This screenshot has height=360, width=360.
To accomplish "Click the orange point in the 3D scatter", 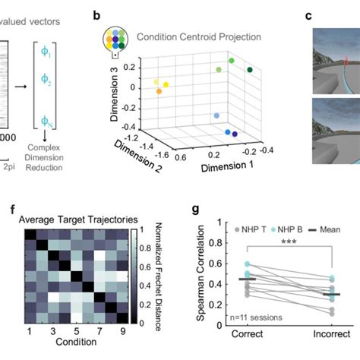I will tap(159, 91).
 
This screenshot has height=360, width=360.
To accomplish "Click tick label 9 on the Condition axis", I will tap(121, 332).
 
